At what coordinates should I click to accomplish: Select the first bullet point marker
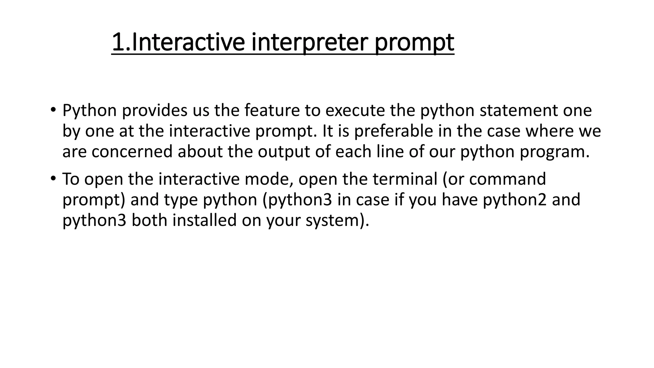[53, 110]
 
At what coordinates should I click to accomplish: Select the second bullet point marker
[53, 178]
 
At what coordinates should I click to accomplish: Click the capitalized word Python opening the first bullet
[89, 111]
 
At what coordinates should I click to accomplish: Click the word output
[284, 152]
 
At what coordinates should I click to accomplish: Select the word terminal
[405, 179]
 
